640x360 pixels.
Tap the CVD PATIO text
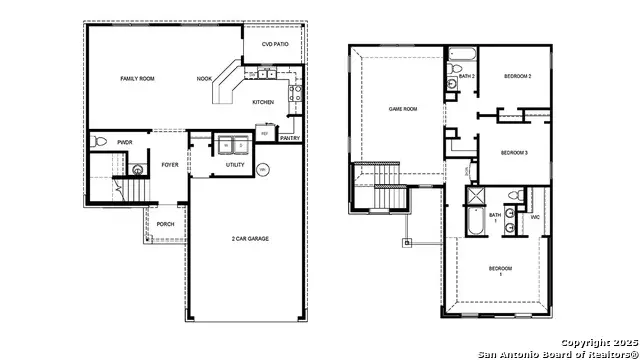[275, 45]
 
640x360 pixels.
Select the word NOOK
[204, 78]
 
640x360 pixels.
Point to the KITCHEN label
[263, 102]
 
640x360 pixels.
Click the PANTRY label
[290, 138]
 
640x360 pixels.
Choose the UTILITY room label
[235, 164]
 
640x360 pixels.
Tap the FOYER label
[170, 164]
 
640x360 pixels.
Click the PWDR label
[125, 143]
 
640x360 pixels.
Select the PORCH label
[166, 224]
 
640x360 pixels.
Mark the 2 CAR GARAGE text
[250, 238]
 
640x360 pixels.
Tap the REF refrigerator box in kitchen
[265, 133]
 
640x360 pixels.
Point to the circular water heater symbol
[263, 170]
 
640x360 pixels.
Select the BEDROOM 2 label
[517, 77]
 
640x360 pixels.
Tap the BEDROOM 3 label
[513, 152]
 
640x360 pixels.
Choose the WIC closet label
[535, 216]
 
